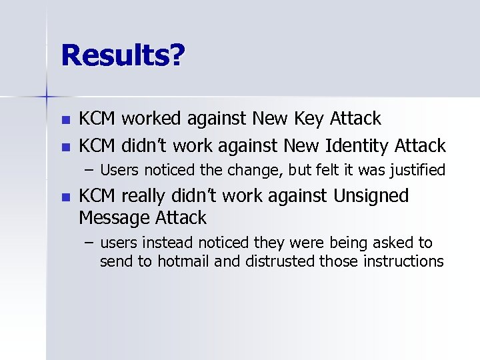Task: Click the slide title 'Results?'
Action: click(123, 55)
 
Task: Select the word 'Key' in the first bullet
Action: click(310, 119)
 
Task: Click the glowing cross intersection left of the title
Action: click(47, 97)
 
